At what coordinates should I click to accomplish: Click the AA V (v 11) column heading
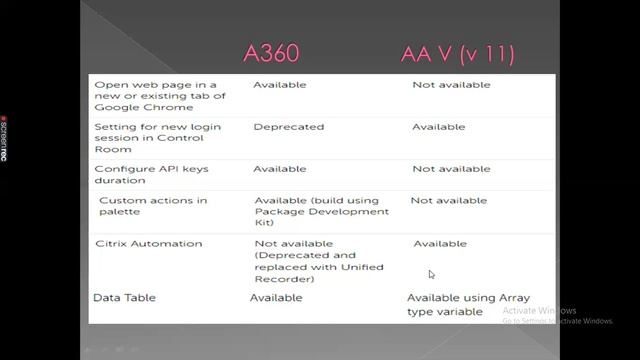tap(457, 54)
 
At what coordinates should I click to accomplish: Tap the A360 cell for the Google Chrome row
tap(280, 85)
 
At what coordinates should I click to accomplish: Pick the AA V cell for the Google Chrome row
tap(451, 85)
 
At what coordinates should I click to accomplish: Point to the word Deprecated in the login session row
tap(289, 127)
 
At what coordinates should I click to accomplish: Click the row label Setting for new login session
tap(157, 138)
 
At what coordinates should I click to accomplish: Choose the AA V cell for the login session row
tap(439, 127)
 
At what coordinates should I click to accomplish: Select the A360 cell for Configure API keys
tap(280, 169)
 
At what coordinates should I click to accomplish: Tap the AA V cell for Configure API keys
tap(451, 169)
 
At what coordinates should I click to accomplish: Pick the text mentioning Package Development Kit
tap(321, 211)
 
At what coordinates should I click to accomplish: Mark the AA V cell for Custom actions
tap(448, 200)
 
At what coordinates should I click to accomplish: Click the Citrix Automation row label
tap(148, 243)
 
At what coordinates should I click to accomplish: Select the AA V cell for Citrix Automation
tap(440, 243)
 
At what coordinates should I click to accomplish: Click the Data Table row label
tap(124, 298)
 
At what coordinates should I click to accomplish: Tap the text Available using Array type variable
tap(468, 304)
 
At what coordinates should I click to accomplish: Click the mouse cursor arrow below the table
tap(431, 274)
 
